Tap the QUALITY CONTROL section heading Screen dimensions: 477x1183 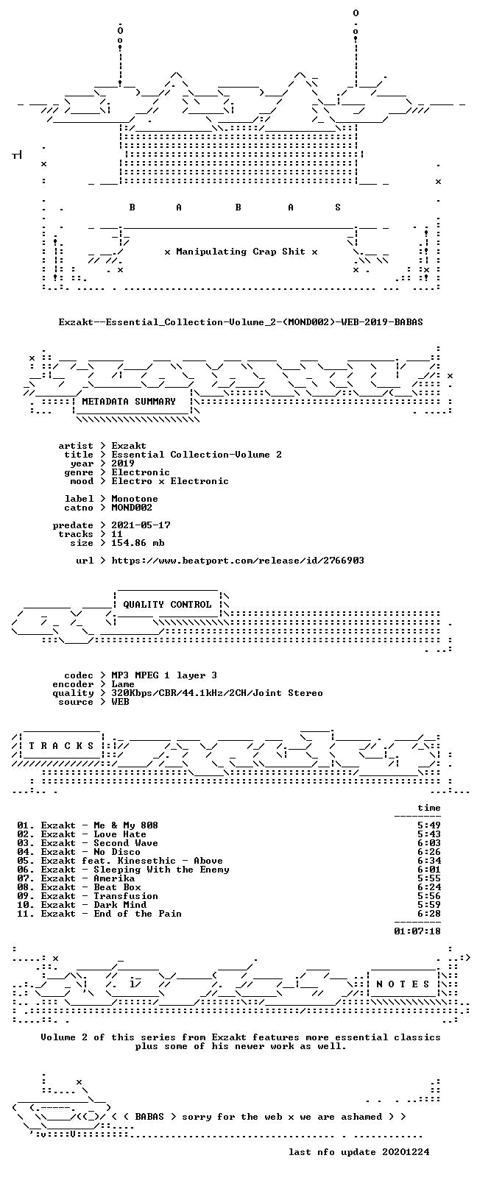click(x=167, y=605)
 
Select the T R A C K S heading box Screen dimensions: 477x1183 click(x=61, y=746)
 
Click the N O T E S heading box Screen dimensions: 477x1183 click(x=403, y=984)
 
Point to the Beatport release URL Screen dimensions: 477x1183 click(x=238, y=561)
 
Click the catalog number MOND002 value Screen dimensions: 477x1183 click(x=132, y=508)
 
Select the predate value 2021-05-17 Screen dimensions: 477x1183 click(x=141, y=525)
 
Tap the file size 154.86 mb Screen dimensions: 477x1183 click(x=138, y=543)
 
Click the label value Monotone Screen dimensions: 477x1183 click(x=135, y=499)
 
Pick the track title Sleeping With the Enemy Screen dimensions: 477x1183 click(x=162, y=870)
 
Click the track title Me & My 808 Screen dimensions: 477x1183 click(x=126, y=825)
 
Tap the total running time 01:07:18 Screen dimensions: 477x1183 click(x=417, y=931)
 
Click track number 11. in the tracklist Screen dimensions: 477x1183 click(x=26, y=914)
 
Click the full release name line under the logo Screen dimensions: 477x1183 click(x=241, y=322)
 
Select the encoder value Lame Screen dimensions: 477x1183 click(x=122, y=684)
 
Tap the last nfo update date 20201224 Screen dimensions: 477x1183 click(x=406, y=1152)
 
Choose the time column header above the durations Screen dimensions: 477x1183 click(x=429, y=808)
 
